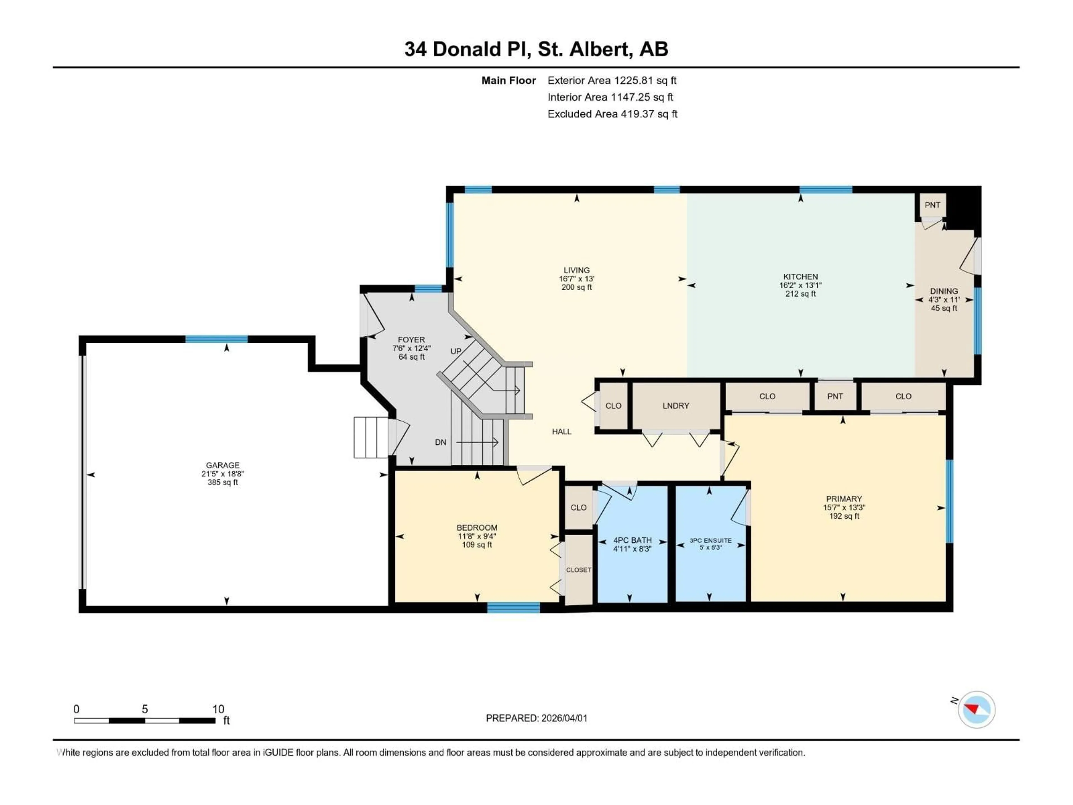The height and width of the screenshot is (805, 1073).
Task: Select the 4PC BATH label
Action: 632,540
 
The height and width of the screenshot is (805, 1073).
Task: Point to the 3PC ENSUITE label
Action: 710,540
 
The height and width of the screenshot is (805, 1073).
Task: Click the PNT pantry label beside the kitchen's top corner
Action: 932,205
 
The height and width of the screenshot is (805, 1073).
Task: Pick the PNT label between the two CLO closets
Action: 835,396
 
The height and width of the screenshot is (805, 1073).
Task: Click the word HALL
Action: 561,431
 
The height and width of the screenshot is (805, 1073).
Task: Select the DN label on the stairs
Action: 440,442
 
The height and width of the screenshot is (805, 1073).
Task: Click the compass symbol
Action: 977,709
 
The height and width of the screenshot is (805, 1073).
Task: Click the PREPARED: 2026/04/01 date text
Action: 536,718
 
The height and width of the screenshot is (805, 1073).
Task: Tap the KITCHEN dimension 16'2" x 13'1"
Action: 800,285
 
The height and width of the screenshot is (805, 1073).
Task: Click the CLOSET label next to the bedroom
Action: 578,570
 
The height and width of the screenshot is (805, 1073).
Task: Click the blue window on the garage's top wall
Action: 216,339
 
